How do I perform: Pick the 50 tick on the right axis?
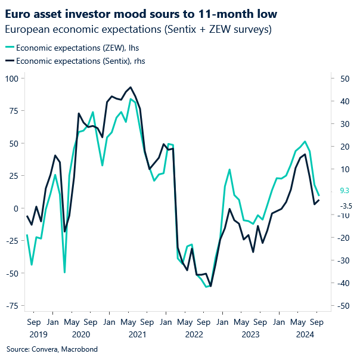(344, 79)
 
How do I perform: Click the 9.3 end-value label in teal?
(344, 191)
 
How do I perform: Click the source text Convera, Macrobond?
(52, 349)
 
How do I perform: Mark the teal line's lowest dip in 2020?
(64, 272)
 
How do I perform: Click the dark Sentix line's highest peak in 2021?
(130, 87)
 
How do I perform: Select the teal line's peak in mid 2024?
(305, 141)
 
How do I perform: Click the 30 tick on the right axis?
(344, 124)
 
